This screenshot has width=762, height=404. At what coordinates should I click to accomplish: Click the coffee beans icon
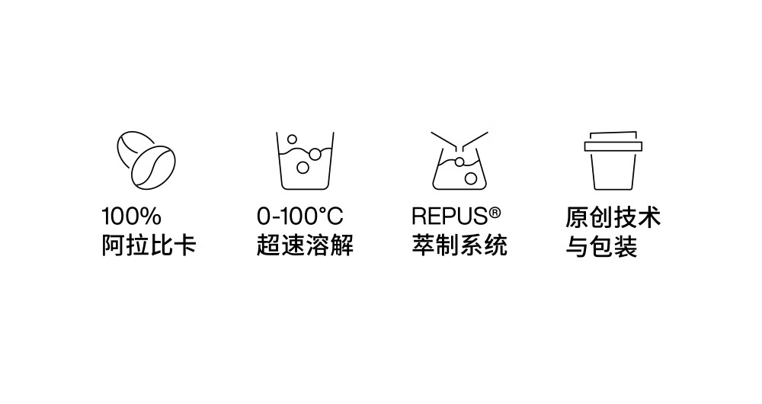click(146, 160)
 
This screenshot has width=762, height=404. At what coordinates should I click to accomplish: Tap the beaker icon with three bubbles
click(305, 160)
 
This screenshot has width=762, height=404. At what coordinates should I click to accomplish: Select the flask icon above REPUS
click(459, 160)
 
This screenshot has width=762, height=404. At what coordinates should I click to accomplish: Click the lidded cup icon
click(613, 160)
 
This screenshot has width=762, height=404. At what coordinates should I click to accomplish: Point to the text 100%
click(131, 216)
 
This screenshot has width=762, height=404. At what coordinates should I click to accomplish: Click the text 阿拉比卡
click(149, 245)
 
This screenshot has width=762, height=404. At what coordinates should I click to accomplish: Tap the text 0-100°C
click(299, 216)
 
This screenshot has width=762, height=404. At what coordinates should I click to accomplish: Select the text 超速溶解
click(305, 245)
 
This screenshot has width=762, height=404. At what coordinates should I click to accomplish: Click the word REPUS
click(450, 216)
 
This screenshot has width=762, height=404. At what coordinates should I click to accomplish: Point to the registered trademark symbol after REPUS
click(495, 213)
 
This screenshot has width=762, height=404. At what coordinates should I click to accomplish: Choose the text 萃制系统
click(459, 245)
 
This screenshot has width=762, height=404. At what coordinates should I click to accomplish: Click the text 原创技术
click(613, 217)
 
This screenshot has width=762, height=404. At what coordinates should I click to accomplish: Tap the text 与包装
click(601, 246)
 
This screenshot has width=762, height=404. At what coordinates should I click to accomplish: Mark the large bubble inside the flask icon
click(470, 178)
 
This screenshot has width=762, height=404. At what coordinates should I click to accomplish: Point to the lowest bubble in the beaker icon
click(303, 168)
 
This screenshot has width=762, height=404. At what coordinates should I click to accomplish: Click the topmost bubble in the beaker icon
click(292, 139)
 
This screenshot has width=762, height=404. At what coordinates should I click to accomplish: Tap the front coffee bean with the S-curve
click(153, 168)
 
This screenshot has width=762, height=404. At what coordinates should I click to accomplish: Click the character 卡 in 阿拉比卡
click(184, 245)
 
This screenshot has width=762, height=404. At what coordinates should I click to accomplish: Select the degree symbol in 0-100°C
click(321, 211)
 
